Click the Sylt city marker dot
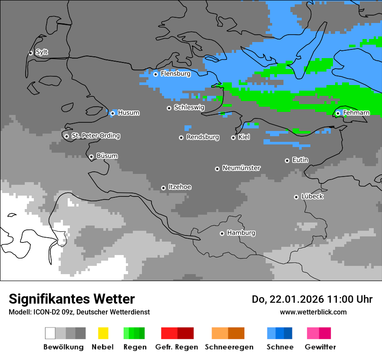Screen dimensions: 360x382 coord(31,53)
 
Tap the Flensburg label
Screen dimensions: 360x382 coord(175,74)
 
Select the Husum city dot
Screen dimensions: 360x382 coord(112,113)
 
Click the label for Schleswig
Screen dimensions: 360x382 coord(189,107)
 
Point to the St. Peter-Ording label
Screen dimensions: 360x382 coord(95,136)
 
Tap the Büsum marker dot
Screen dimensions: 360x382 coord(91,157)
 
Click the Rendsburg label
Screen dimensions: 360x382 coord(202,137)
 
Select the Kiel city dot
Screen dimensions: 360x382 coord(233,137)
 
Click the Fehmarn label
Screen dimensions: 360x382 coord(356,113)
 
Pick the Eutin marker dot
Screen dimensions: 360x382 coord(287,160)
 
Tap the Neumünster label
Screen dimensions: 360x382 coord(241,168)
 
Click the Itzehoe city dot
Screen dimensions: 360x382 coord(163,188)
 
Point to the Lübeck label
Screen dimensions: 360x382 coord(312,196)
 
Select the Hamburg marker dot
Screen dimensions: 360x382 coord(222,233)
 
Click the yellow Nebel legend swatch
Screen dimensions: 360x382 coord(103,333)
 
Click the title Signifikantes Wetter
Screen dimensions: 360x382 coord(72,299)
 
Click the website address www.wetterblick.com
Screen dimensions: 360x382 coord(313,312)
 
